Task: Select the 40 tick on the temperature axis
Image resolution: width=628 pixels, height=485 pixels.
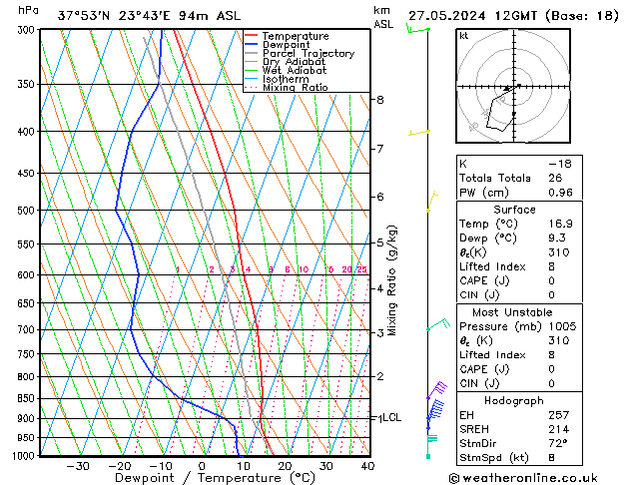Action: tap(367, 466)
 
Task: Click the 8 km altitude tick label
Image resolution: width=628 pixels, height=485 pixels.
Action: tap(380, 100)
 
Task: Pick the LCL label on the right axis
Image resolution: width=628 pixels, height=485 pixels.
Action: tap(391, 417)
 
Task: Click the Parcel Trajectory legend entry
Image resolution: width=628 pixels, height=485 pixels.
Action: tap(308, 53)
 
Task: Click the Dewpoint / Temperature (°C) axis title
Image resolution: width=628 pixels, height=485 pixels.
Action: tap(202, 479)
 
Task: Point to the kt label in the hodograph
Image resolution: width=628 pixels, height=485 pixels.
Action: tap(464, 36)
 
